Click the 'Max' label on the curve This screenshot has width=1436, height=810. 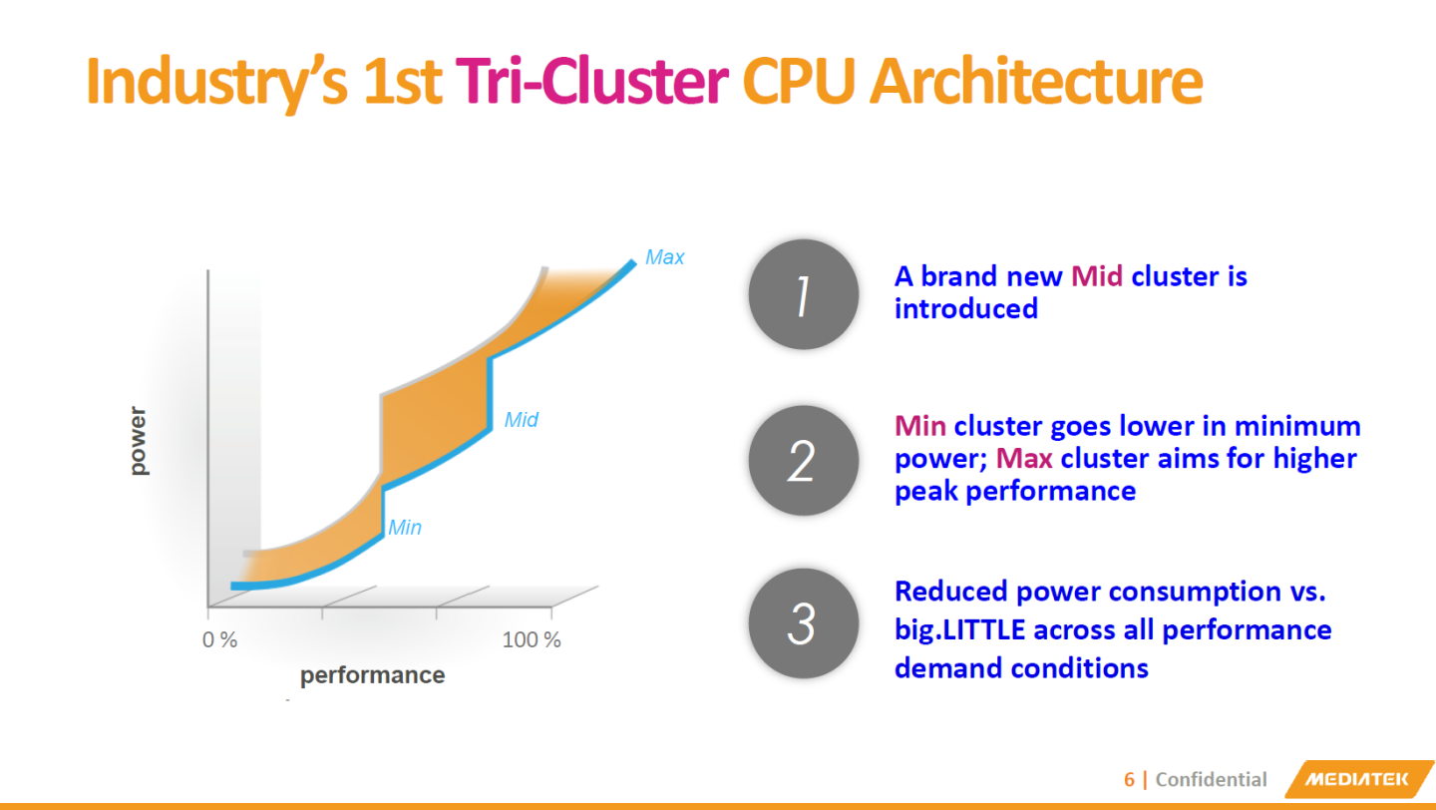pos(664,257)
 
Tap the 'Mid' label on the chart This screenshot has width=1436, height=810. pos(521,420)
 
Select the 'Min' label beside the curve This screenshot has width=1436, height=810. pos(405,528)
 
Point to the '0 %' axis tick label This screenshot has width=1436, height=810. pos(219,640)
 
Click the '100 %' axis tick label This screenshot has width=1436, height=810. pos(532,640)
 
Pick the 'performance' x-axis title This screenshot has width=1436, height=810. pos(372,675)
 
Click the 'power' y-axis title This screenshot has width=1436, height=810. pos(139,441)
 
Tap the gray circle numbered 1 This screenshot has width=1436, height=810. pos(803,295)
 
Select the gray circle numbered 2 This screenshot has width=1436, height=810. pos(803,460)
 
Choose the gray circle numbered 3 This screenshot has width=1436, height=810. pos(803,623)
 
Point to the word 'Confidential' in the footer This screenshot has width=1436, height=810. pos(1211,780)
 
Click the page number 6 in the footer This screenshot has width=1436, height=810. pos(1129,780)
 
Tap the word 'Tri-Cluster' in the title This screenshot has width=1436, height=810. pos(591,82)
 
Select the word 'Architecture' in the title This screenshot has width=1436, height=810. pos(1036,82)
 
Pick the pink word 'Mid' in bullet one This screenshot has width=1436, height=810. pos(1097,276)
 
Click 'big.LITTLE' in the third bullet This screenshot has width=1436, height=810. pos(960,630)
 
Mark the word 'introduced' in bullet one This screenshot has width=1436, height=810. pos(965,309)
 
